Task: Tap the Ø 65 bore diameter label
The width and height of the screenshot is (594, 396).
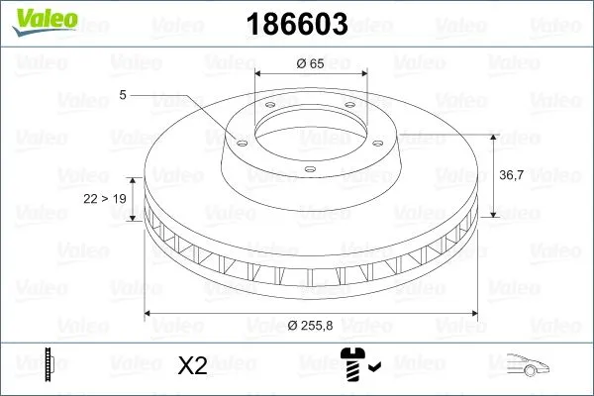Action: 311,62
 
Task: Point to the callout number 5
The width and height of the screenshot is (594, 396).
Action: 123,95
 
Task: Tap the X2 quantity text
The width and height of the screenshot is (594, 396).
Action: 193,366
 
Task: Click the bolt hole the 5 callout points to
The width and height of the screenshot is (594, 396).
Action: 238,140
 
